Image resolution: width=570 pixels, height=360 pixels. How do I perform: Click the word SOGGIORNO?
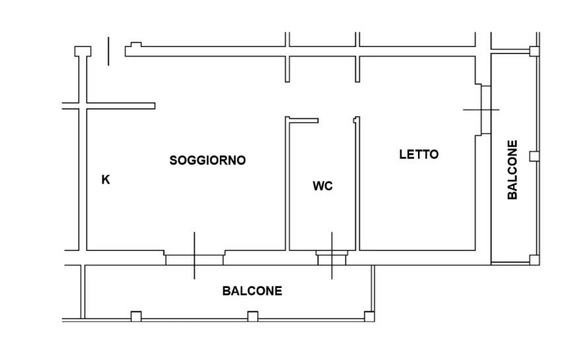[207, 160]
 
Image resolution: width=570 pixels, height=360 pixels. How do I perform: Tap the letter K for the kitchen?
[106, 180]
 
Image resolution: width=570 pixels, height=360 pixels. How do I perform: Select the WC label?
[322, 186]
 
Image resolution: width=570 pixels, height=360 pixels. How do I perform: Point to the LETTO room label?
[419, 154]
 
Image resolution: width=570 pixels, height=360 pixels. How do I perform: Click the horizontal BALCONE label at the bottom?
[252, 291]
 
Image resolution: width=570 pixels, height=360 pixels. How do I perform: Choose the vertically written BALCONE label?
[512, 170]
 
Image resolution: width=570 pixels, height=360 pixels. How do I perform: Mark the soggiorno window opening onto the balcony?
[194, 260]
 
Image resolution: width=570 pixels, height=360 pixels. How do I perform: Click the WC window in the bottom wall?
[332, 258]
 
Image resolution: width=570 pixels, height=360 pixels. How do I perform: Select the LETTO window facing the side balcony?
[486, 110]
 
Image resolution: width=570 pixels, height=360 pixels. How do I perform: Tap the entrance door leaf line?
[108, 52]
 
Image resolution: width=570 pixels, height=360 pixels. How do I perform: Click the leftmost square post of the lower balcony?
[136, 316]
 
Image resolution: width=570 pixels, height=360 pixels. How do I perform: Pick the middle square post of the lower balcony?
[253, 316]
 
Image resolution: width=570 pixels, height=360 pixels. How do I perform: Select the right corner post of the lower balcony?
[369, 316]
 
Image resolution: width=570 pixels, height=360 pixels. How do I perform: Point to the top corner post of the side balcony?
[534, 52]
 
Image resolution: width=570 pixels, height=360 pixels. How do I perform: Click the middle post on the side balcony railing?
[534, 157]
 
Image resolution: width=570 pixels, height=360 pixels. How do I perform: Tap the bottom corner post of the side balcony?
[534, 260]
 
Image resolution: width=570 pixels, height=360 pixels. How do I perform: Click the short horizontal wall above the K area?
[121, 106]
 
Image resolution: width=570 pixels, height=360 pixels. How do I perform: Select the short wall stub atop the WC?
[304, 120]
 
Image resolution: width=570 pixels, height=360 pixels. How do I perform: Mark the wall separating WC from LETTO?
[357, 184]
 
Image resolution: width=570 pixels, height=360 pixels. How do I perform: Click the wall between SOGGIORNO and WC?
[287, 184]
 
